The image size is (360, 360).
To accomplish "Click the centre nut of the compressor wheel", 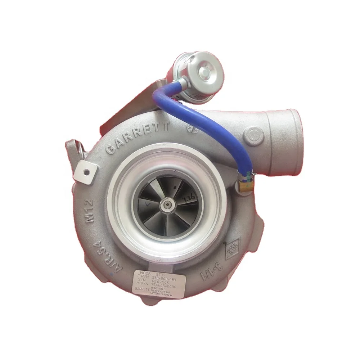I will pyautogui.click(x=167, y=204).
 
